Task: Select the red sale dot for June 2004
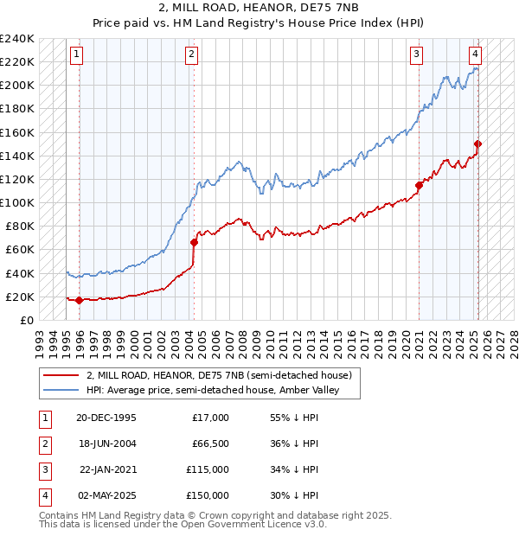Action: coord(194,242)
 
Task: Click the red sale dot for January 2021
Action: coord(419,185)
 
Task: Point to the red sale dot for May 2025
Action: coord(477,144)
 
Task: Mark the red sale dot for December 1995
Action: coord(80,300)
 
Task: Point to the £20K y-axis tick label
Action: coord(21,297)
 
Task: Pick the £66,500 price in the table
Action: coord(211,443)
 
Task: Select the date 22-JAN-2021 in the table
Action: coord(106,469)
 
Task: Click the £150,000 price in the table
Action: coord(208,495)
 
